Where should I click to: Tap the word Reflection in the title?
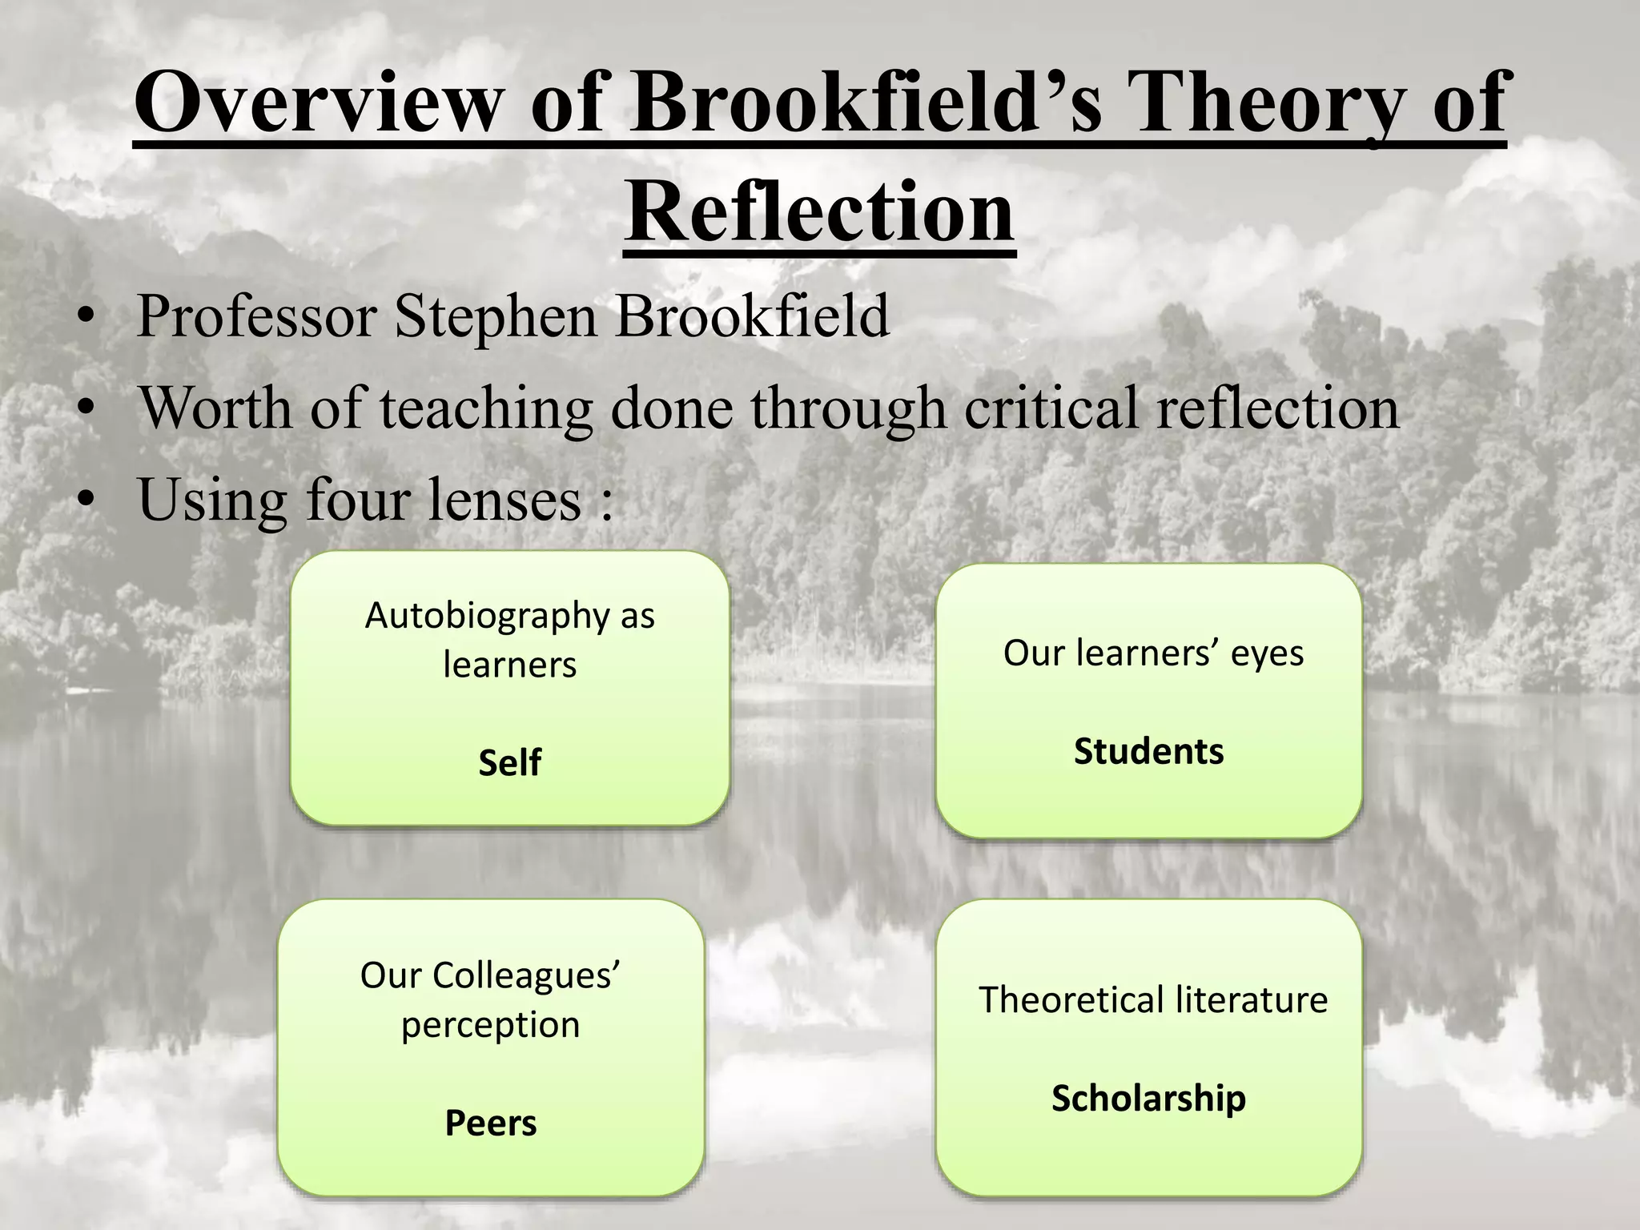[x=820, y=211]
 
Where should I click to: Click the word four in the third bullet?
[x=356, y=499]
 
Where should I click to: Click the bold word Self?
[x=509, y=762]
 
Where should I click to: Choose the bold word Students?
[x=1148, y=751]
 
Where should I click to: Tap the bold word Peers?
[x=490, y=1123]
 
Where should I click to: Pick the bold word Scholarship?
[x=1148, y=1098]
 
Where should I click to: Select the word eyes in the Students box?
[x=1267, y=653]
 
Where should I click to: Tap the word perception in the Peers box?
[x=490, y=1025]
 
